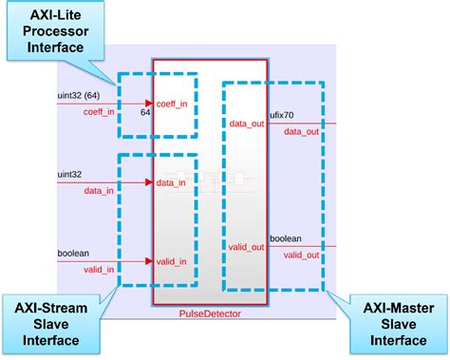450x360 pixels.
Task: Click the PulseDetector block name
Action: tap(210, 313)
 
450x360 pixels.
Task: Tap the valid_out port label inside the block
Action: tap(246, 247)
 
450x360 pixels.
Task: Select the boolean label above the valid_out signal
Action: tap(286, 238)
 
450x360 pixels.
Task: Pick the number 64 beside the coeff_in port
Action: tap(145, 113)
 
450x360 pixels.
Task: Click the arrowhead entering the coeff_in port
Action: tap(149, 104)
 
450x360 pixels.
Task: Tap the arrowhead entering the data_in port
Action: tap(149, 182)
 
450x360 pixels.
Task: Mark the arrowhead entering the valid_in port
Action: tap(149, 260)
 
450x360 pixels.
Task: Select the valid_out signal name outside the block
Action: tap(302, 256)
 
